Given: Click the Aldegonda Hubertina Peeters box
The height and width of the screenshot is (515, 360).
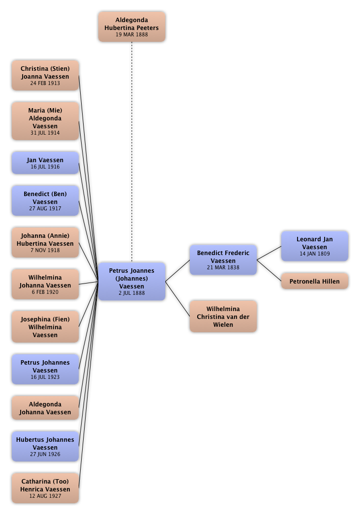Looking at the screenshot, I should tap(132, 27).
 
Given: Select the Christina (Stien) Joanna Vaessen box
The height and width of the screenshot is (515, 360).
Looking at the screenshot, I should tap(45, 76).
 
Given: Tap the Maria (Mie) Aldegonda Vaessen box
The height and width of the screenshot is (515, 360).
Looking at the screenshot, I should tap(45, 121).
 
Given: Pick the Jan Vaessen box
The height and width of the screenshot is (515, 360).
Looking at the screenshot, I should tap(45, 163).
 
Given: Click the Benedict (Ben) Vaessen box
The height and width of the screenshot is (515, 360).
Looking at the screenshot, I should tap(45, 201).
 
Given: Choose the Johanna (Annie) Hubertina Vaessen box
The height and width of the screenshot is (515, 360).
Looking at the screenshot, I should tap(45, 243).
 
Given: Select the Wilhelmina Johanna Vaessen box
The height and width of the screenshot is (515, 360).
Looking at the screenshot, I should tap(45, 285).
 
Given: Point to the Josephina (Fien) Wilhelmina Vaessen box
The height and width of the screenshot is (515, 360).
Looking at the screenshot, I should tap(45, 327).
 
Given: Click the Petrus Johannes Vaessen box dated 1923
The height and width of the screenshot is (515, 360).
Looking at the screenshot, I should tap(45, 370).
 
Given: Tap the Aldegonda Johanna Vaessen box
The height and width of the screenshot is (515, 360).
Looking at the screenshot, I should tap(45, 408).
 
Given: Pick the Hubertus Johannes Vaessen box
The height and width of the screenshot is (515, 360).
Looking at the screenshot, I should tap(45, 447).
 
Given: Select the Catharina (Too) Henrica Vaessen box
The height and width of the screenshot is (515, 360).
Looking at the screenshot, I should tap(45, 488).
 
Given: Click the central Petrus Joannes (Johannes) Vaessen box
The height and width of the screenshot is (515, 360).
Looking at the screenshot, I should tap(132, 282).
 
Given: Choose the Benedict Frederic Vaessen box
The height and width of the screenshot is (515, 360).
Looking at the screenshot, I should tap(223, 260).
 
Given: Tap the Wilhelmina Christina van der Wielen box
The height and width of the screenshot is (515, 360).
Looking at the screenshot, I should tap(223, 316).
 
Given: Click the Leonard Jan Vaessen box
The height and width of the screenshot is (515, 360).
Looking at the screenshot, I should tap(314, 246).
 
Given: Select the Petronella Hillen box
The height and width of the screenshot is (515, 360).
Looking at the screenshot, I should tap(315, 282).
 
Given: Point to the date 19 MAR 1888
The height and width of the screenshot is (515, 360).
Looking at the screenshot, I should tap(132, 35).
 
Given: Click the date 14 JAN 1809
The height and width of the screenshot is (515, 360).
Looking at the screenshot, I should tap(315, 254).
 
